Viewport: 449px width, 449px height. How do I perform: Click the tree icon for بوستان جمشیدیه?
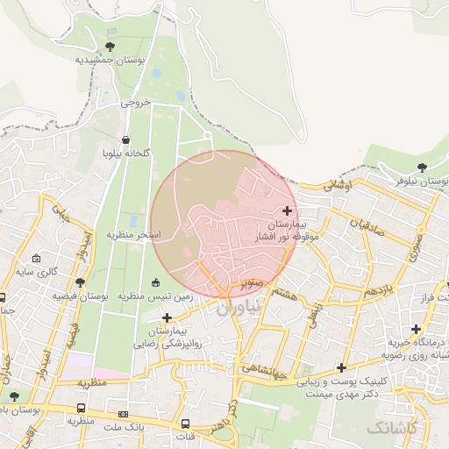pos(110,46)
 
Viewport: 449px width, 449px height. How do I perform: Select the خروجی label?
pos(136,103)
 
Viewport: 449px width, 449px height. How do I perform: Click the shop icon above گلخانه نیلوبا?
pos(126,139)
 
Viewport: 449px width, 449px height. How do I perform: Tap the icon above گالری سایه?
pos(36,259)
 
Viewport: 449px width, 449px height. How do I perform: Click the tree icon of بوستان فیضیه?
pos(81,282)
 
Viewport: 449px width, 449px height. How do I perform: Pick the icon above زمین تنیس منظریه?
pos(156,282)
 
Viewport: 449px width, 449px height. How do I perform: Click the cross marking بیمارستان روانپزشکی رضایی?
pos(167,317)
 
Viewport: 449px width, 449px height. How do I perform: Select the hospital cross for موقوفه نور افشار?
pos(287,210)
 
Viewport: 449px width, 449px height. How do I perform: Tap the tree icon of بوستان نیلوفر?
pos(422,167)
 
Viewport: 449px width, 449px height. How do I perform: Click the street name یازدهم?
pos(384,290)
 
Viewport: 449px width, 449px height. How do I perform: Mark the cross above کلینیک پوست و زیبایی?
pos(341,367)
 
